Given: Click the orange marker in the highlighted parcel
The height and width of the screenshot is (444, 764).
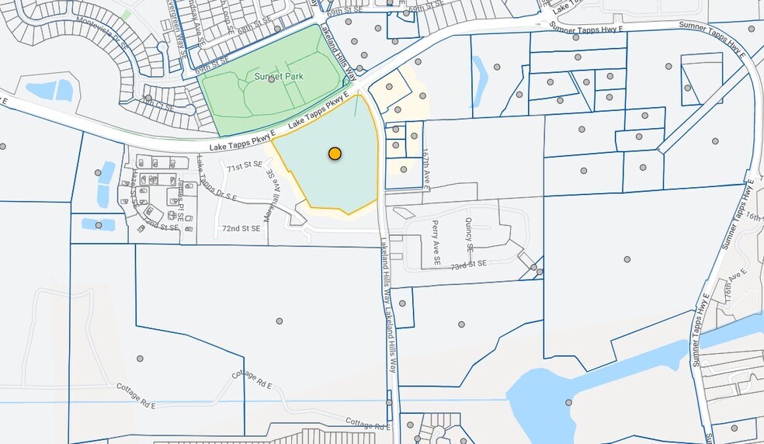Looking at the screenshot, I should click(x=335, y=154).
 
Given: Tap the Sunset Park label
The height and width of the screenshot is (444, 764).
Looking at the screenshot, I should click(x=279, y=77).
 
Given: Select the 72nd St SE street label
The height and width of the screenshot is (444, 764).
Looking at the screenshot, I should click(x=241, y=229).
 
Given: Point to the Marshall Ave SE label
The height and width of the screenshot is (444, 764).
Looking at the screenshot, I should click(x=268, y=196).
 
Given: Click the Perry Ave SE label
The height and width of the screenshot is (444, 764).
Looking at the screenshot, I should click(x=436, y=243).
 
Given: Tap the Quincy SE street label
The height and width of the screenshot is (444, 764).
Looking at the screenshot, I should click(x=469, y=234).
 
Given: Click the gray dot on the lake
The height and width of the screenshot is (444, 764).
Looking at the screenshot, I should click(x=568, y=402).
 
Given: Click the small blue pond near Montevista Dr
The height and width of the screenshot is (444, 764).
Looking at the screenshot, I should click(x=54, y=90).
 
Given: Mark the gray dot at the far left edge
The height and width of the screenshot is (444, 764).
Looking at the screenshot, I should click(x=3, y=146).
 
